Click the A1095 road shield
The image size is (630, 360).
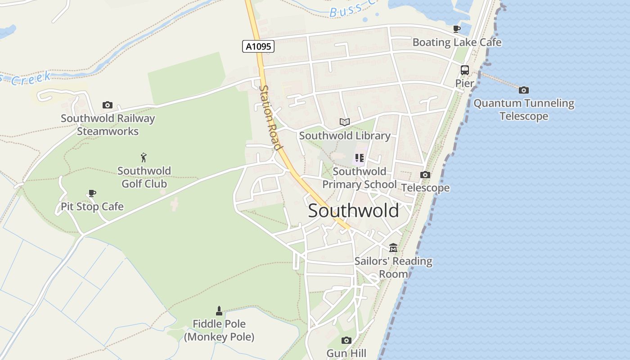tap(258, 46)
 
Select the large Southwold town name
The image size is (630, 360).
tap(353, 211)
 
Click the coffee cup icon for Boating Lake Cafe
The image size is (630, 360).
tap(457, 29)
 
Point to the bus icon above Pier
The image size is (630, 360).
tap(465, 71)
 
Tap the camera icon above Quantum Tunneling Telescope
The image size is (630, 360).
tap(524, 90)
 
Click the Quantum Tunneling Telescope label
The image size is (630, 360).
tap(524, 109)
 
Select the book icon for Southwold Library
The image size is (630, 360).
tap(345, 122)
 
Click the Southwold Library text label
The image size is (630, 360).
tap(345, 135)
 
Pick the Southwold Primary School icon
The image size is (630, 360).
tap(359, 158)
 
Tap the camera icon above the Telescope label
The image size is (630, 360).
tap(425, 175)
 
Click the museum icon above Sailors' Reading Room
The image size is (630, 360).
tap(393, 247)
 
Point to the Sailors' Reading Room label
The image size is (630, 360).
tap(393, 267)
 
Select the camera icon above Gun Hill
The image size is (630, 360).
tap(346, 340)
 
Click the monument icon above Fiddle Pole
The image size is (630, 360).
tap(219, 310)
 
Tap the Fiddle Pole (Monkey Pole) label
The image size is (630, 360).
tap(219, 330)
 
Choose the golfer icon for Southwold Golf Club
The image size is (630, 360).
tap(144, 157)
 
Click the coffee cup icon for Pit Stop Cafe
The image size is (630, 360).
tap(92, 193)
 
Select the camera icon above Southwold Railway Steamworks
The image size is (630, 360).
tap(108, 105)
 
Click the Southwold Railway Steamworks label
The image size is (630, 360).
tap(108, 125)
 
